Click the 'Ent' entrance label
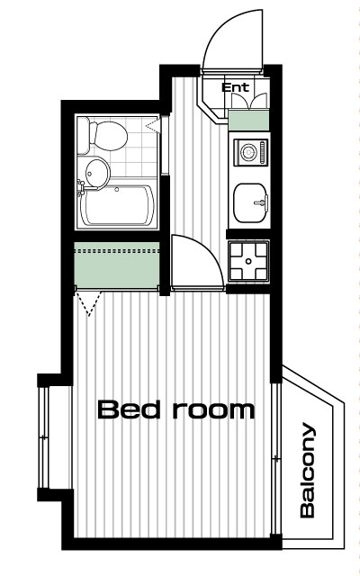235,87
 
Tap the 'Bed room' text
176,410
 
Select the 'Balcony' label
308,470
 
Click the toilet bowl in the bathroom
111,136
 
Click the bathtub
117,205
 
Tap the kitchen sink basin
250,202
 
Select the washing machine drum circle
249,152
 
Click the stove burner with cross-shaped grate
248,261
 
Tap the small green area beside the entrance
248,120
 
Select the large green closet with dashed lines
117,265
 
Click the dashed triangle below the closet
88,303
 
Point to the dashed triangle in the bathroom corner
153,125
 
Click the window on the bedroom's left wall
43,437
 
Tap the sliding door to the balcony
276,458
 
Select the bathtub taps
81,187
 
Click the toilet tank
83,135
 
